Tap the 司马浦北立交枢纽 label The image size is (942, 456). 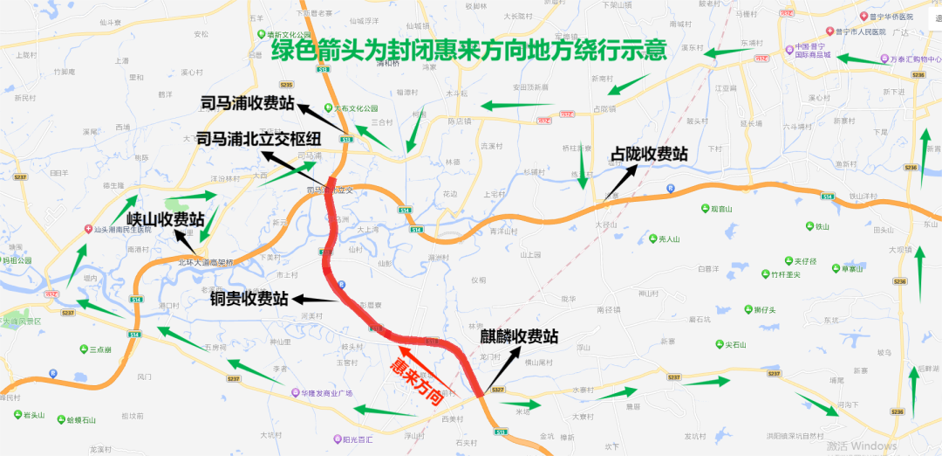[259, 139]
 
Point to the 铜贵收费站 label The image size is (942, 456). [249, 299]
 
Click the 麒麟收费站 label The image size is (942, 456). [519, 336]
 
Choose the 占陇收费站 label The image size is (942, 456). [649, 154]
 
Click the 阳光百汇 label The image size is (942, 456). [351, 439]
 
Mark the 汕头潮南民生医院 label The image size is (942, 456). [122, 230]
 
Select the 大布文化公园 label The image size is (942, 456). [359, 108]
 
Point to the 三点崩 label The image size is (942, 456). [100, 349]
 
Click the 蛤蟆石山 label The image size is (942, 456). [80, 419]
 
